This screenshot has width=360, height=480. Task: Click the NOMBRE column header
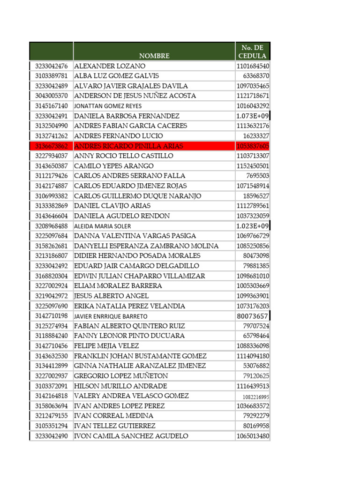click(x=154, y=56)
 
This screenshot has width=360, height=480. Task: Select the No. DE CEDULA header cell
click(x=252, y=52)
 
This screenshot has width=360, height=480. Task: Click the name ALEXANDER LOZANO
click(x=110, y=66)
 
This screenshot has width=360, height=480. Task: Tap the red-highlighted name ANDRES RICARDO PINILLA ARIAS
click(x=129, y=146)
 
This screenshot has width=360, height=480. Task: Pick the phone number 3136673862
click(x=51, y=146)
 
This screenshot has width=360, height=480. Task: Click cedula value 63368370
click(x=256, y=76)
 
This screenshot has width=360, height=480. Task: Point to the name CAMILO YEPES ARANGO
click(x=114, y=166)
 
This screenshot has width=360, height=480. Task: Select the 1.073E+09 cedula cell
click(x=252, y=116)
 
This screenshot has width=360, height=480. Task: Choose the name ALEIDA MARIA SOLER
click(x=103, y=226)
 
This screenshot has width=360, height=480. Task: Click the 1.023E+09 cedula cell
click(x=252, y=226)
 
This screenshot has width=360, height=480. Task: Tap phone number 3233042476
click(x=51, y=66)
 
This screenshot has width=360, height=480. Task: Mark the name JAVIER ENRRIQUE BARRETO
click(x=111, y=316)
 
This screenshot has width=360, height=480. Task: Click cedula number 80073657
click(x=253, y=316)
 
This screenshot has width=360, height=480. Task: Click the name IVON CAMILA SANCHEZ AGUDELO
click(x=131, y=436)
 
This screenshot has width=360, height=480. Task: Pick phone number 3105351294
click(x=51, y=426)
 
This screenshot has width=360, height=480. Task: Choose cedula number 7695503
click(x=258, y=176)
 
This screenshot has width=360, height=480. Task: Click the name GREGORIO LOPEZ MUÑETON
click(x=121, y=375)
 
